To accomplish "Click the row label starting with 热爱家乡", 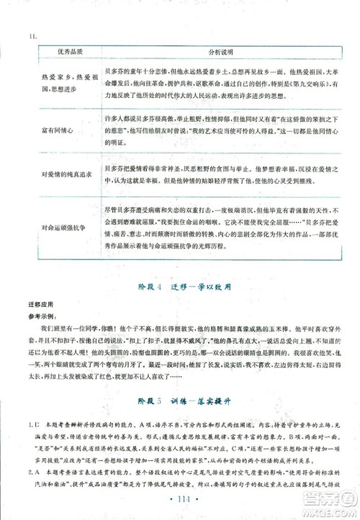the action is click(x=63, y=97).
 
